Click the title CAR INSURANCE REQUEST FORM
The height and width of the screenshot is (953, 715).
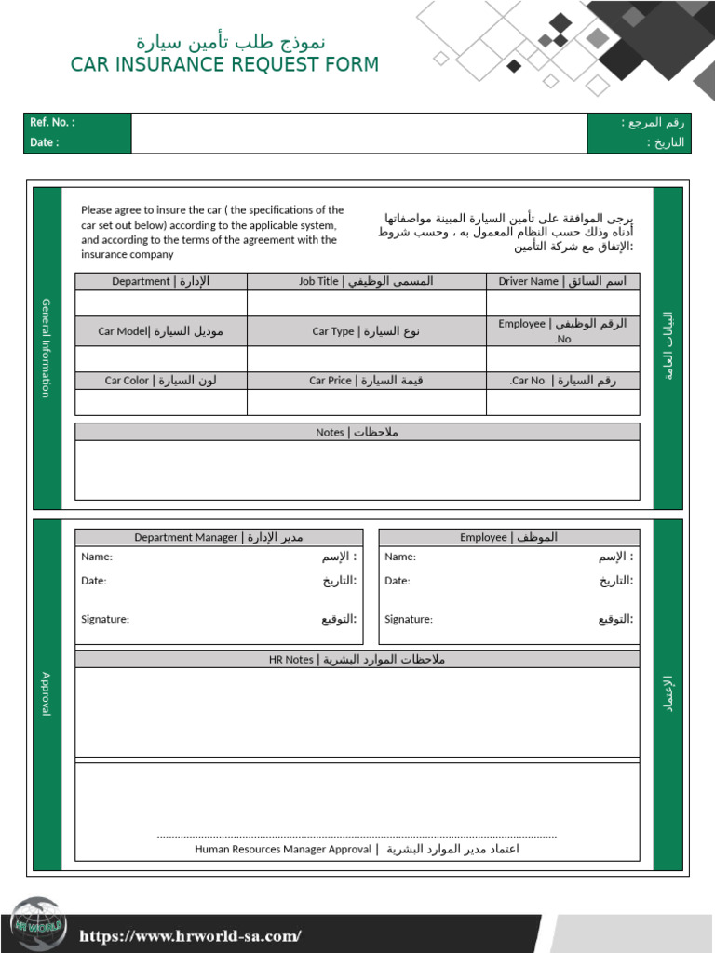click(x=224, y=64)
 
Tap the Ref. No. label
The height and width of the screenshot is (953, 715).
click(x=52, y=123)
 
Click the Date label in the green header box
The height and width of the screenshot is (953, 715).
click(x=44, y=142)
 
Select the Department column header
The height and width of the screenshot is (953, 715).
click(x=161, y=281)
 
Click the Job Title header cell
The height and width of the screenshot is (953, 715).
click(x=366, y=281)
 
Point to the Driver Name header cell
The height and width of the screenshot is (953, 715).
click(x=562, y=281)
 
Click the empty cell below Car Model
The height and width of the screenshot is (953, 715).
click(x=161, y=359)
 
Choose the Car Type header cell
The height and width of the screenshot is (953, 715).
click(x=366, y=331)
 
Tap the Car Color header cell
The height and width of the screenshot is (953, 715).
click(x=161, y=381)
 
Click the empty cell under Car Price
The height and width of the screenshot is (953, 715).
click(x=366, y=402)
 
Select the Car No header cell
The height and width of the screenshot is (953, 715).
click(x=562, y=381)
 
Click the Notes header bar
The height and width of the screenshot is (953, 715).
click(x=357, y=432)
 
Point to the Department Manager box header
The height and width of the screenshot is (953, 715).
click(x=219, y=537)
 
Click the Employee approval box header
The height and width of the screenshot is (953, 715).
click(x=508, y=537)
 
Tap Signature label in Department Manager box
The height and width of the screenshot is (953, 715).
click(x=105, y=619)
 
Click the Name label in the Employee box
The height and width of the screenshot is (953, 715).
click(x=400, y=557)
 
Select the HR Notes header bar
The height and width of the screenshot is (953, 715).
click(x=357, y=659)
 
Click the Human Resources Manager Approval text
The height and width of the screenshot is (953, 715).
click(x=283, y=849)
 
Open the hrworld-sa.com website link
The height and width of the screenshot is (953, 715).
click(x=190, y=936)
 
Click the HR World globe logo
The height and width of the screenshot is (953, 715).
click(x=37, y=925)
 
